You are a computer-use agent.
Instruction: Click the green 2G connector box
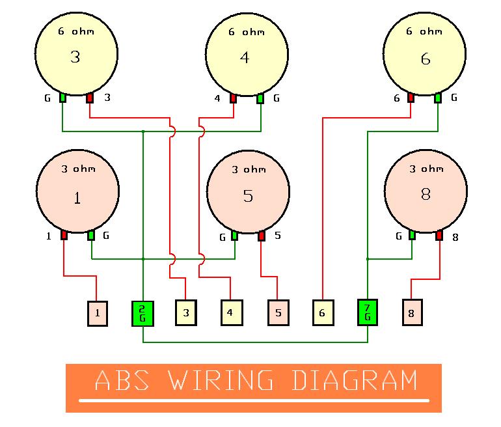pyautogui.click(x=142, y=313)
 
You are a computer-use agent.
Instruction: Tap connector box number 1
pyautogui.click(x=98, y=313)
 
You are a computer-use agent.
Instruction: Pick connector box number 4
pyautogui.click(x=230, y=312)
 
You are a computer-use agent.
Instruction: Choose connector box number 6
pyautogui.click(x=322, y=312)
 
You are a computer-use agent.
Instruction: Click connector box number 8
pyautogui.click(x=411, y=312)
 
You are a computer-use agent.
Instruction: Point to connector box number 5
pyautogui.click(x=278, y=312)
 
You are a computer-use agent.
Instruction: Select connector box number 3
pyautogui.click(x=186, y=312)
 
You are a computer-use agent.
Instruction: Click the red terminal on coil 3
pyautogui.click(x=90, y=98)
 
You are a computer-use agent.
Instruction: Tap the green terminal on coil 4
pyautogui.click(x=260, y=98)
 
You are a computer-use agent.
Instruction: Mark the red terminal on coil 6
pyautogui.click(x=411, y=98)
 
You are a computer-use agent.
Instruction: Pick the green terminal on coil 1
pyautogui.click(x=91, y=235)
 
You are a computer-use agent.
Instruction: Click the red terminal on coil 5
pyautogui.click(x=262, y=235)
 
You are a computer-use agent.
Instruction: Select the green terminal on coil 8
pyautogui.click(x=412, y=234)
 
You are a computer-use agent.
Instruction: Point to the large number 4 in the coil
pyautogui.click(x=245, y=58)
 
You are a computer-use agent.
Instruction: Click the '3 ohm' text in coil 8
pyautogui.click(x=426, y=169)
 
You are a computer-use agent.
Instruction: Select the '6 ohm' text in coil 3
pyautogui.click(x=75, y=31)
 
